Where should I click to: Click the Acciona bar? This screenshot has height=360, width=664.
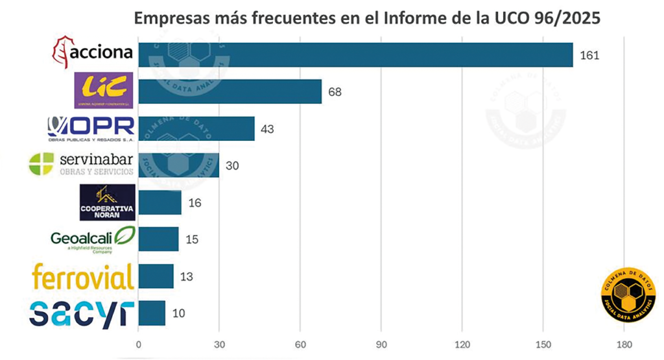(355, 55)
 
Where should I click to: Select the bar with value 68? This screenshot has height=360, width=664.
(230, 91)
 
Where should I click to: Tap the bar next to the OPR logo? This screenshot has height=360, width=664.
(196, 128)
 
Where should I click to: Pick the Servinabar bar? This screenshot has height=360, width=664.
(178, 165)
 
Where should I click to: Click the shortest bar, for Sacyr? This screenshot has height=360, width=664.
(152, 313)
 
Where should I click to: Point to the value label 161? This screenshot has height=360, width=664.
(589, 55)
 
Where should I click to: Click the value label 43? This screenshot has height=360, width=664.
(267, 129)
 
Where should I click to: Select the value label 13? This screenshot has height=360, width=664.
(187, 277)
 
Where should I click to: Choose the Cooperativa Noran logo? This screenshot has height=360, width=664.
(107, 202)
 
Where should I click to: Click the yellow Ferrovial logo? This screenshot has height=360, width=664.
(83, 277)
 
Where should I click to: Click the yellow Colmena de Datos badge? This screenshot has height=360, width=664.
(628, 293)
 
